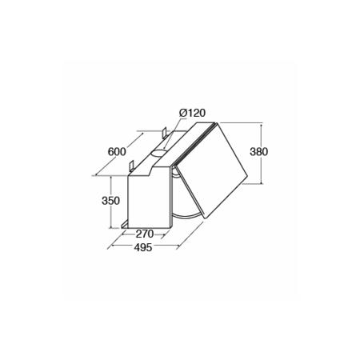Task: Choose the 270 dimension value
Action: coord(144,234)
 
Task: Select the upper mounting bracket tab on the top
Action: coord(163,131)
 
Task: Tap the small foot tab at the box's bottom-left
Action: coord(126,226)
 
